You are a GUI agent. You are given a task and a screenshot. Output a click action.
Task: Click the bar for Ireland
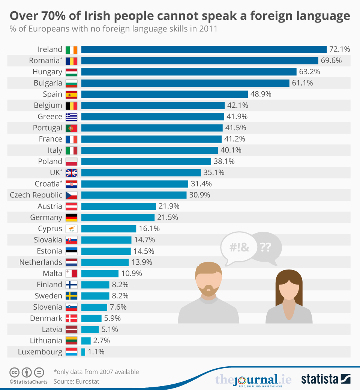pyautogui.click(x=204, y=49)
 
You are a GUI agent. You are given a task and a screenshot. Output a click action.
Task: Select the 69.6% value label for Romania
pyautogui.click(x=331, y=60)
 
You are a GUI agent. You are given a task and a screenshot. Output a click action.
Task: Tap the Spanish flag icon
pyautogui.click(x=71, y=94)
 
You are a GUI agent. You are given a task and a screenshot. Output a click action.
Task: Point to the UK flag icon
pyautogui.click(x=71, y=173)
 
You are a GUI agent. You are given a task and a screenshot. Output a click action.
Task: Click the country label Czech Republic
pyautogui.click(x=36, y=195)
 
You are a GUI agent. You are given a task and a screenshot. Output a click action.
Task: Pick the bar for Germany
pyautogui.click(x=118, y=217)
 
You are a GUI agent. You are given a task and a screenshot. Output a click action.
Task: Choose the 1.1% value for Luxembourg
pyautogui.click(x=96, y=352)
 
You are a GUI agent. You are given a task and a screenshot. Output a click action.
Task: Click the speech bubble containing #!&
pyautogui.click(x=235, y=248)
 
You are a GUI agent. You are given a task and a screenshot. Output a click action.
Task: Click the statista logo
pyautogui.click(x=325, y=379)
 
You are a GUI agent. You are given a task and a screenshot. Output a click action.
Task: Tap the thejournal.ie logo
pyautogui.click(x=253, y=379)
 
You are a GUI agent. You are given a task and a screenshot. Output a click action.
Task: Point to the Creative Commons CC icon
pyautogui.click(x=14, y=372)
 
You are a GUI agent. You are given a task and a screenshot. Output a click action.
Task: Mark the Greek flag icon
pyautogui.click(x=71, y=117)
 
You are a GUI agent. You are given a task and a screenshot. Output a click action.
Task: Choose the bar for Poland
pyautogui.click(x=146, y=161)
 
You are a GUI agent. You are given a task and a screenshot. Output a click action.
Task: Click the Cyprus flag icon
pyautogui.click(x=71, y=229)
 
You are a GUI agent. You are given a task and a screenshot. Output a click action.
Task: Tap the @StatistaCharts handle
pyautogui.click(x=28, y=382)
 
